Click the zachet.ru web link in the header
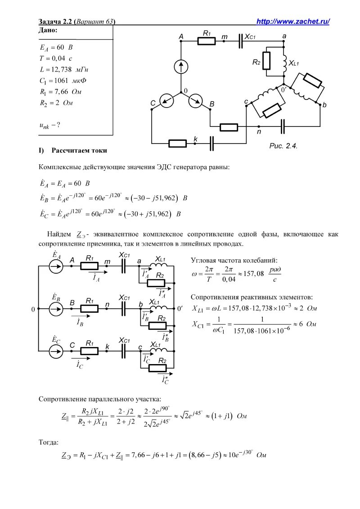293,22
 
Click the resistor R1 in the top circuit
207,41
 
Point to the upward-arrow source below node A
181,67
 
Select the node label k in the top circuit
196,140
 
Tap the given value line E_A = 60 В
56,47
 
